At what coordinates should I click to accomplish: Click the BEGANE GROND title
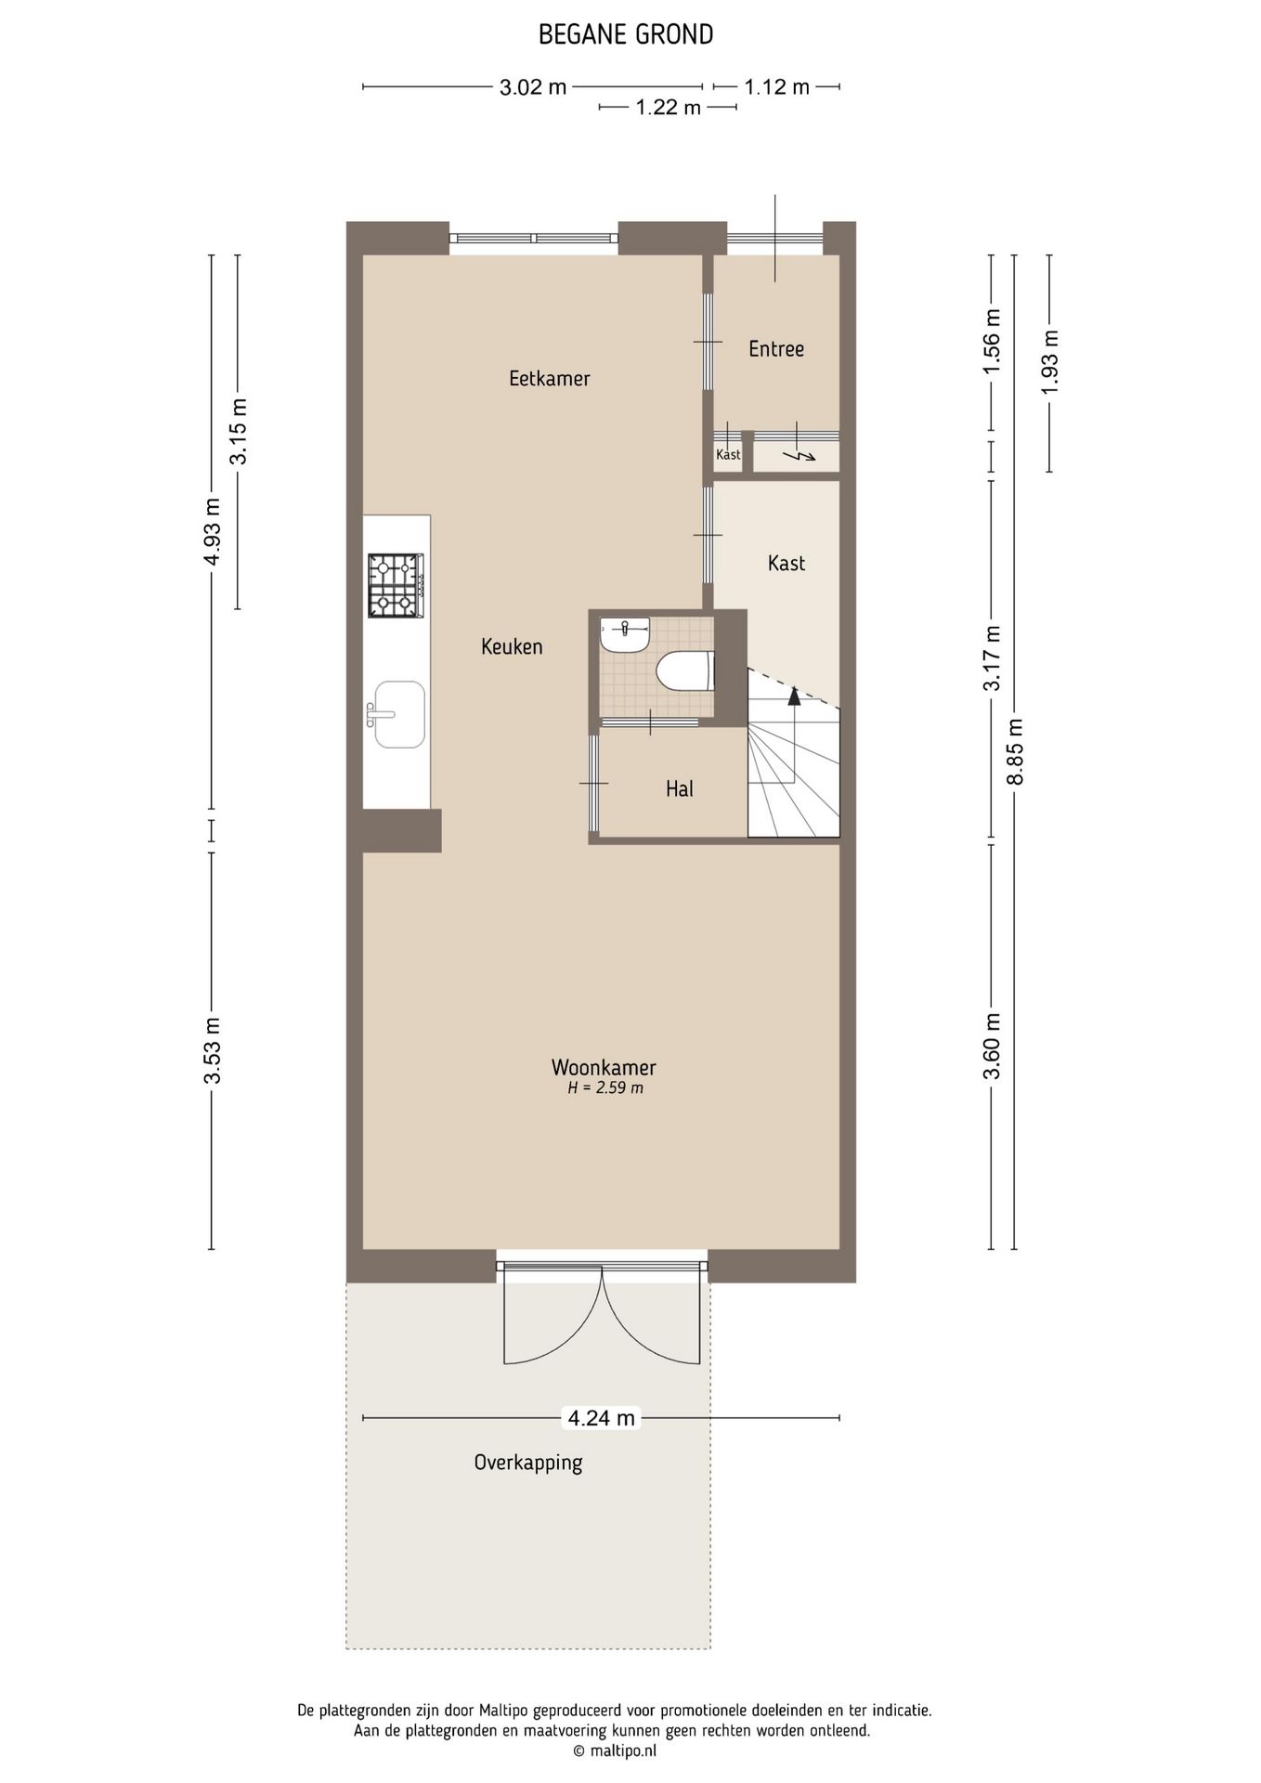pos(626,35)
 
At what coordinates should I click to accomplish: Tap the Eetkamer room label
pos(550,378)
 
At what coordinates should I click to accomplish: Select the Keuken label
pos(512,646)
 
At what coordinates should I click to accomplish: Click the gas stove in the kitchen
pos(396,585)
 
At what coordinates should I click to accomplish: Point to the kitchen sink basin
pos(399,714)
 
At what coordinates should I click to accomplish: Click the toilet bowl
pos(685,670)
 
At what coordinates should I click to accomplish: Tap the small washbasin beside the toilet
pos(626,634)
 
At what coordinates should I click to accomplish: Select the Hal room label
pos(680,788)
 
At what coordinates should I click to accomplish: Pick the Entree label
pos(776,348)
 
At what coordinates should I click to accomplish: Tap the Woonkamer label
pos(604,1068)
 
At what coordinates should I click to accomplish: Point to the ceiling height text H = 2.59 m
pos(605,1088)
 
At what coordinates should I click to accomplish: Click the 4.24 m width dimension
pos(602,1418)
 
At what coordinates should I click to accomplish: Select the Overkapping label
pos(528,1463)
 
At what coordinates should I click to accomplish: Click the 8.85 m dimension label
pos(1016,751)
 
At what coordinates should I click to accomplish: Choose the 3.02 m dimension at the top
pos(533,87)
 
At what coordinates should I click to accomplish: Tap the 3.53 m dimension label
pos(213,1050)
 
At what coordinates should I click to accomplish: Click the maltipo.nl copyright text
pos(615,1751)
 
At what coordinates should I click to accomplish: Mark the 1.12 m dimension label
pos(777,87)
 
